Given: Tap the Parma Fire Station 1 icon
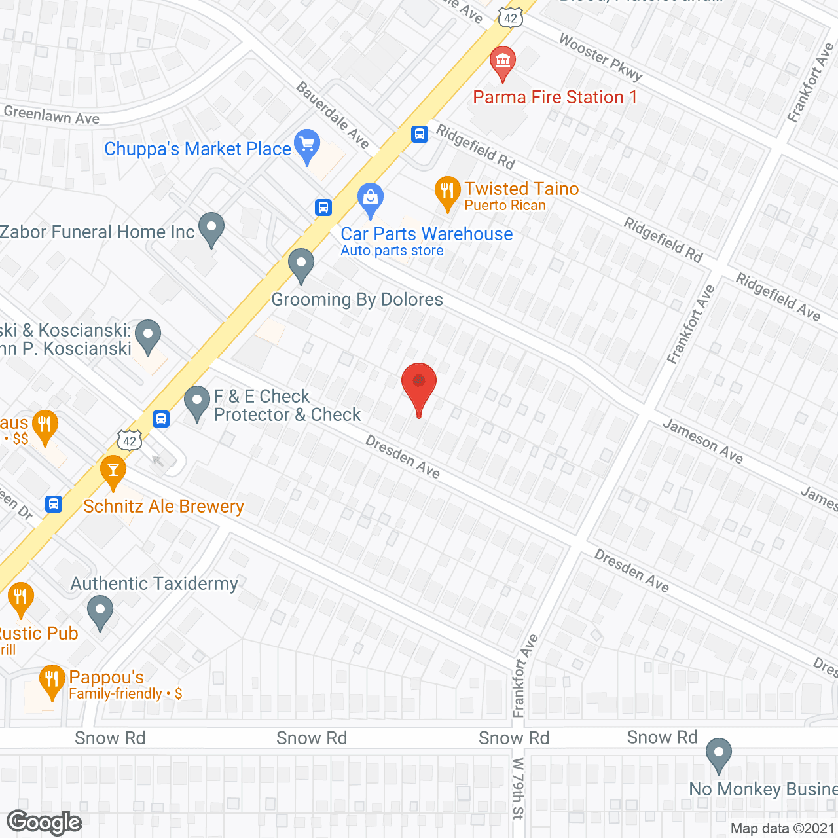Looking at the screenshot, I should pyautogui.click(x=502, y=62).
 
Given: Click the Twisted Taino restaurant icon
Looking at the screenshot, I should pyautogui.click(x=447, y=191).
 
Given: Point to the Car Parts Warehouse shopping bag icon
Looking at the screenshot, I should pyautogui.click(x=371, y=198).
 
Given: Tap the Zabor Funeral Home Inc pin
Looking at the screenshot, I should pyautogui.click(x=211, y=228).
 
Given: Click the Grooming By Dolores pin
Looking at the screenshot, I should pyautogui.click(x=301, y=264).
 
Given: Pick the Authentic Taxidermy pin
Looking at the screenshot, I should pyautogui.click(x=100, y=611).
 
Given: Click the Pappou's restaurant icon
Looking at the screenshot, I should pyautogui.click(x=51, y=680).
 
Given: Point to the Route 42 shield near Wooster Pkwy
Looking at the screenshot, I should pyautogui.click(x=511, y=18).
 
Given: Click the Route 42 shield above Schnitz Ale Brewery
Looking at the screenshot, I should pyautogui.click(x=130, y=440).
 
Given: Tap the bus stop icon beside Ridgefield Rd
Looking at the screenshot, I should pyautogui.click(x=420, y=134).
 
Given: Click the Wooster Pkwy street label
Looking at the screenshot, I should pyautogui.click(x=600, y=58).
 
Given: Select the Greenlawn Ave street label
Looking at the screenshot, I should pyautogui.click(x=52, y=115).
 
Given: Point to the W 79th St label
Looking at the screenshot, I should pyautogui.click(x=518, y=788).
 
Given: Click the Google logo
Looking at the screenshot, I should pyautogui.click(x=45, y=822).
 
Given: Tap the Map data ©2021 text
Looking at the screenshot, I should pyautogui.click(x=782, y=829).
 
